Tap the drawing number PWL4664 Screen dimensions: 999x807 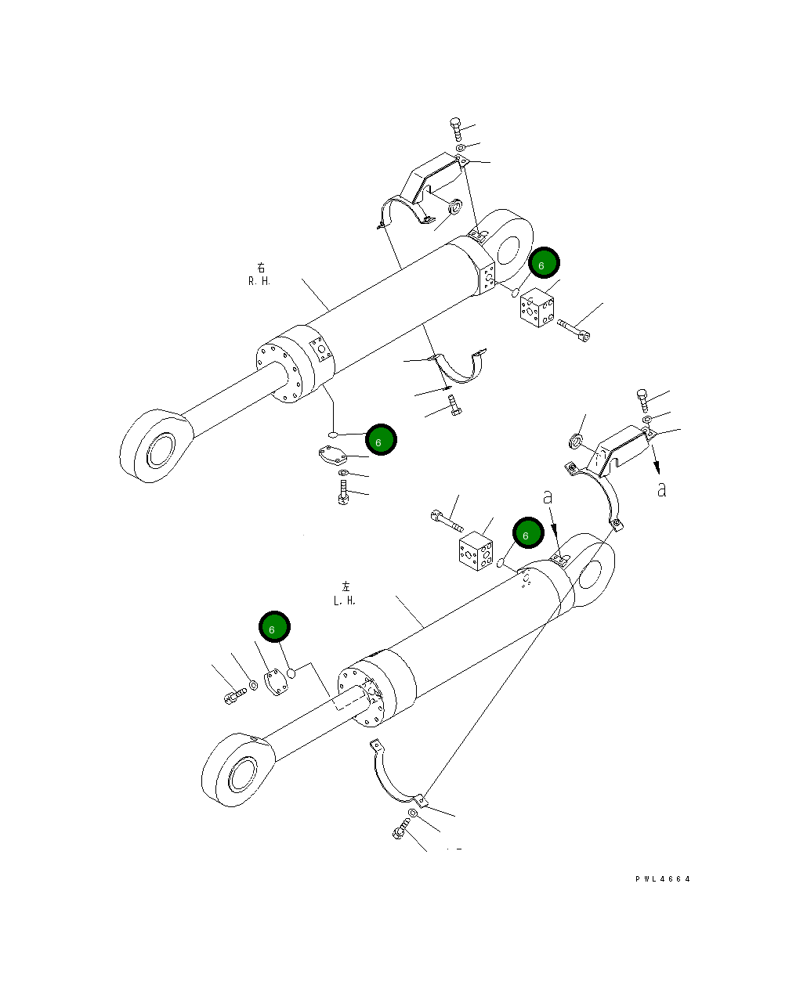click(x=663, y=879)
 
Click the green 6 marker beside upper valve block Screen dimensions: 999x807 click(x=543, y=265)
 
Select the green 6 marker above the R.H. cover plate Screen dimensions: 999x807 click(x=381, y=441)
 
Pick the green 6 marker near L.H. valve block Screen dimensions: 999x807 click(x=528, y=534)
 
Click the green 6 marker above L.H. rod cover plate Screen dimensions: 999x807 click(x=274, y=627)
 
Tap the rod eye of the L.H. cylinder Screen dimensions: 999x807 click(x=238, y=770)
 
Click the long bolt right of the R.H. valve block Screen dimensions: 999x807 click(x=574, y=330)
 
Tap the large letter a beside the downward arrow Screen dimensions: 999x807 click(x=662, y=490)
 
